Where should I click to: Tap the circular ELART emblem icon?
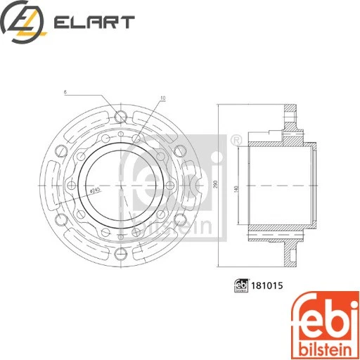tap(24, 22)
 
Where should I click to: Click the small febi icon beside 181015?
tap(240, 285)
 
